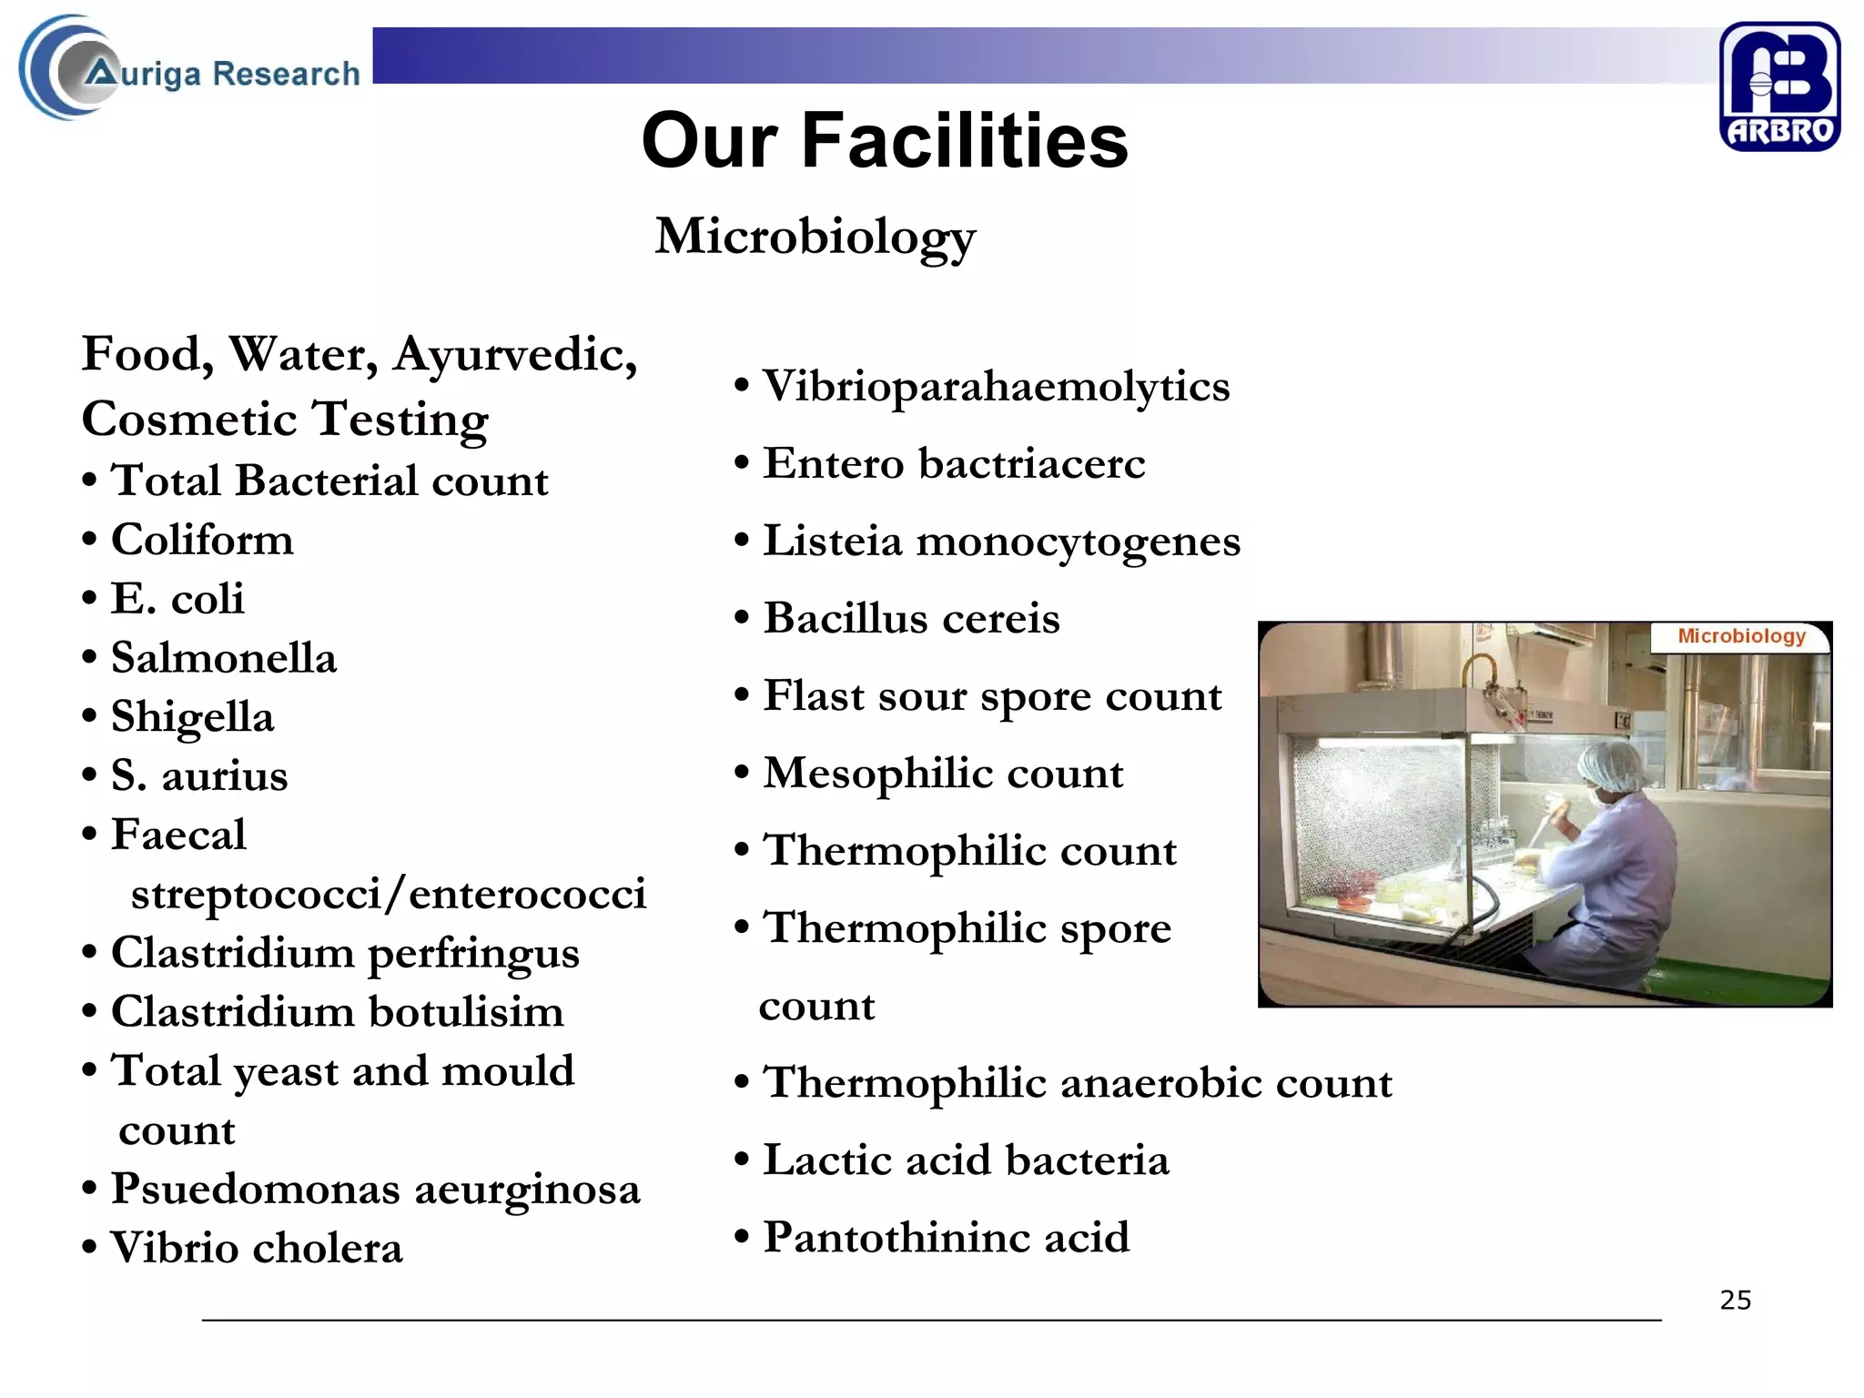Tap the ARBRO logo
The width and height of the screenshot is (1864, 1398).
[x=1779, y=86]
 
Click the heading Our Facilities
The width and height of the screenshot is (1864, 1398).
[x=885, y=141]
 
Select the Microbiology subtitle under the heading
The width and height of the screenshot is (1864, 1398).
[x=815, y=237]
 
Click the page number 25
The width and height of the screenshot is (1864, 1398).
[x=1735, y=1300]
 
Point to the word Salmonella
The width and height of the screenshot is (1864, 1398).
[x=223, y=658]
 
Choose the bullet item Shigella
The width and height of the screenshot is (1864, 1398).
[x=192, y=717]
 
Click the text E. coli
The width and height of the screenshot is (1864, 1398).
[x=177, y=599]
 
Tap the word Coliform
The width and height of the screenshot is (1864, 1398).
[x=202, y=540]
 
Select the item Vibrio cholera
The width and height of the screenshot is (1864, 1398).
[x=256, y=1248]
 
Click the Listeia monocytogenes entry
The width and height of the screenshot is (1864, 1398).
[x=1001, y=542]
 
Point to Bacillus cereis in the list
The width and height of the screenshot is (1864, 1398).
[x=911, y=619]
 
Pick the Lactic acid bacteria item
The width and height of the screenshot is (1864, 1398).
[x=966, y=1160]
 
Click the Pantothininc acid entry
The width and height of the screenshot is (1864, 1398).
[x=946, y=1238]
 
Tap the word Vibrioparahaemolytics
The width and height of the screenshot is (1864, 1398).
[x=996, y=387]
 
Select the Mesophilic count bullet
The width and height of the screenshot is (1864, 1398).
[x=943, y=774]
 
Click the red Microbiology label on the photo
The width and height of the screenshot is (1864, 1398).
[x=1741, y=636]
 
